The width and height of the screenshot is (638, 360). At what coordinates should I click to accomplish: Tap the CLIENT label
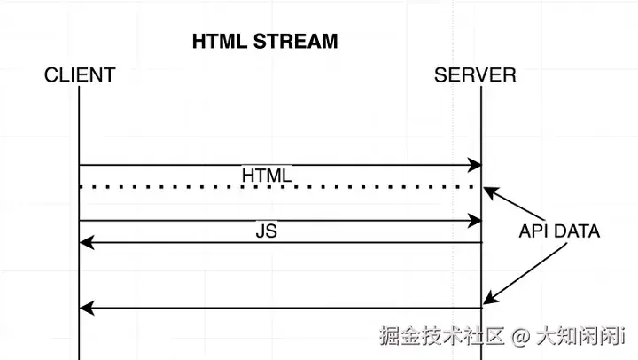tap(80, 75)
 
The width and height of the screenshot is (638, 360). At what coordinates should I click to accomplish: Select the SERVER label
tap(475, 75)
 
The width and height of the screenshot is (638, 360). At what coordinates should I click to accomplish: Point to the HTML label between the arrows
tap(267, 176)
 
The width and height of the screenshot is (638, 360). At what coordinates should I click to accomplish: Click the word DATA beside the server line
tap(576, 231)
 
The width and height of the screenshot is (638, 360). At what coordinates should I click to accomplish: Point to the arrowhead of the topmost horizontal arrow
tap(476, 165)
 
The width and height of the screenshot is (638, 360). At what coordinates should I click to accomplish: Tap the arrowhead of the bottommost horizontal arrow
tap(85, 308)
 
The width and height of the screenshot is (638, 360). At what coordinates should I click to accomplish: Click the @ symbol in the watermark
tap(521, 337)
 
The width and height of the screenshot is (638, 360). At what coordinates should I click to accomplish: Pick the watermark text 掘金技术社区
tap(441, 337)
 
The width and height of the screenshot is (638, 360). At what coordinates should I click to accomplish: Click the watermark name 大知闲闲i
tap(580, 337)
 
